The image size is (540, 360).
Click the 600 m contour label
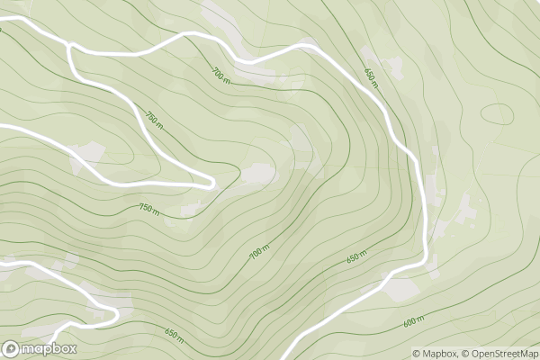414,321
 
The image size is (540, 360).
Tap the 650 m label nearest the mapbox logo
174,336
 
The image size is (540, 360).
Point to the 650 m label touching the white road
370,77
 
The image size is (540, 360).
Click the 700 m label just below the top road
221,74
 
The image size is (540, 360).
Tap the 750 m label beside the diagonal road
154,119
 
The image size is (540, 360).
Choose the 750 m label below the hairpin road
148,209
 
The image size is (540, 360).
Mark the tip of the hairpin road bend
212,184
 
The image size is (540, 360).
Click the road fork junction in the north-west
69,46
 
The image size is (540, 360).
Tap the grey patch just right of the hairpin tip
259,173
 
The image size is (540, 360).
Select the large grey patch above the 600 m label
402,288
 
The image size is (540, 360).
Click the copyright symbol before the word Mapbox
417,354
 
